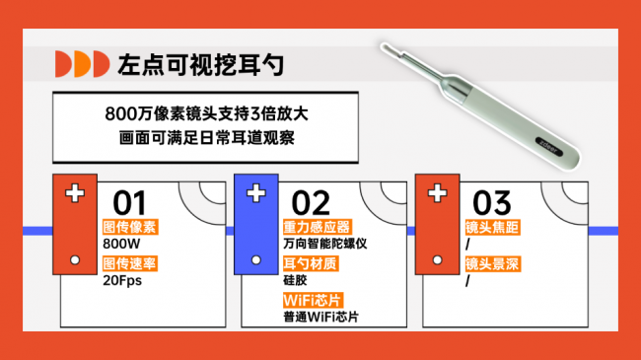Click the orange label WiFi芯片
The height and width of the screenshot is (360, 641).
pyautogui.click(x=310, y=300)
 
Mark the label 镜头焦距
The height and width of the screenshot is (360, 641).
pyautogui.click(x=492, y=226)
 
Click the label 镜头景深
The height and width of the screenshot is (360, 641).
pyautogui.click(x=492, y=263)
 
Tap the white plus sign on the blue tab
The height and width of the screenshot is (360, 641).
pyautogui.click(x=255, y=192)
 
